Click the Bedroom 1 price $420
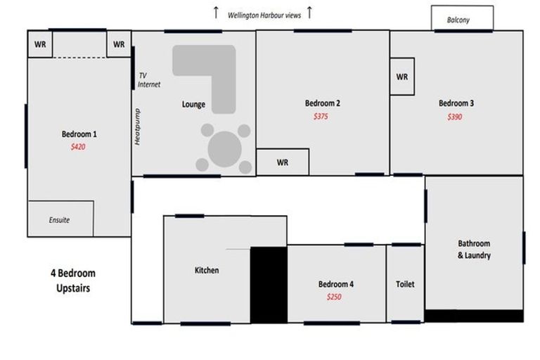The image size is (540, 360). pos(78,147)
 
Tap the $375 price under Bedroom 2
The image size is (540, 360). pos(321,117)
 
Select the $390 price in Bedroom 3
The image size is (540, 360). pos(455,117)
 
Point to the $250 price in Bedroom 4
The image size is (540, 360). pos(334,297)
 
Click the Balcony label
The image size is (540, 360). pos(458,20)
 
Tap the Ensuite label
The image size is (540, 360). pos(59,220)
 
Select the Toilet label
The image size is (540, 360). pos(405,284)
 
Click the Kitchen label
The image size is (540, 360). pos(207,270)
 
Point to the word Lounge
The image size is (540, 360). pos(193,104)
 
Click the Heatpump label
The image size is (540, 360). pos(137,127)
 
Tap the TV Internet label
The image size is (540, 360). pos(149,80)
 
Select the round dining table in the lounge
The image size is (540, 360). pos(224,149)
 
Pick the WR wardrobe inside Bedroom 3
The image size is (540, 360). pos(402,77)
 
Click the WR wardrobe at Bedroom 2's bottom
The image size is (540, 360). pos(283,162)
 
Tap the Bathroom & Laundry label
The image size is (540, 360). pos(474,250)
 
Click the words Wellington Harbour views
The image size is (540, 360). pos(264,15)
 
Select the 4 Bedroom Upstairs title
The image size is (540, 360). pos(73,281)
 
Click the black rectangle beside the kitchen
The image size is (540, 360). pos(269,285)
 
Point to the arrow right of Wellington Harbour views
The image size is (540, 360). pos(309,13)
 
